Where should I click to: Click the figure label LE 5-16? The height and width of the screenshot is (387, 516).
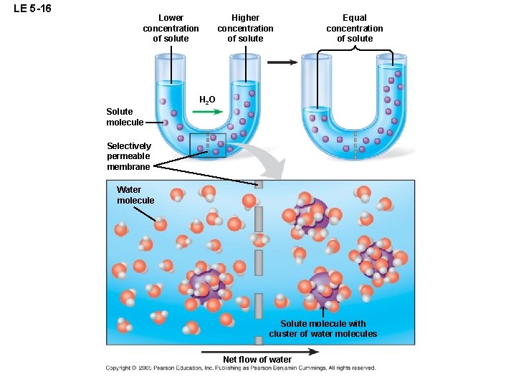(32, 9)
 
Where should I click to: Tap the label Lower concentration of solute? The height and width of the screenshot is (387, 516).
(171, 28)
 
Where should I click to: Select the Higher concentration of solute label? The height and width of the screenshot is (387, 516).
(245, 28)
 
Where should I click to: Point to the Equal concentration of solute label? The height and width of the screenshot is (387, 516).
(354, 28)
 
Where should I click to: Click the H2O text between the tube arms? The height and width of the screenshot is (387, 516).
(206, 100)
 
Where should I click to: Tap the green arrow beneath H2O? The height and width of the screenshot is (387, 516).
(209, 113)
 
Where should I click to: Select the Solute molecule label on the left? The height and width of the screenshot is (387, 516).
(125, 117)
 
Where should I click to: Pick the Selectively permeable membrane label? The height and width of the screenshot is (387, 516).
(129, 156)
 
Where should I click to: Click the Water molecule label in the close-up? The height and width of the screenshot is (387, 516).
(135, 195)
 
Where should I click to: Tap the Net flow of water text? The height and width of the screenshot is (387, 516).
(257, 360)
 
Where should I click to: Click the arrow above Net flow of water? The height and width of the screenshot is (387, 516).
(260, 351)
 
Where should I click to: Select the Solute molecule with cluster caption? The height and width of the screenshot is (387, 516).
(322, 329)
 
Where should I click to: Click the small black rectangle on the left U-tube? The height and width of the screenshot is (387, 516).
(208, 145)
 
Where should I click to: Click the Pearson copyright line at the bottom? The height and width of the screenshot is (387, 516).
(240, 368)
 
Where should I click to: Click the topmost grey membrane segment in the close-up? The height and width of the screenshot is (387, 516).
(259, 184)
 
